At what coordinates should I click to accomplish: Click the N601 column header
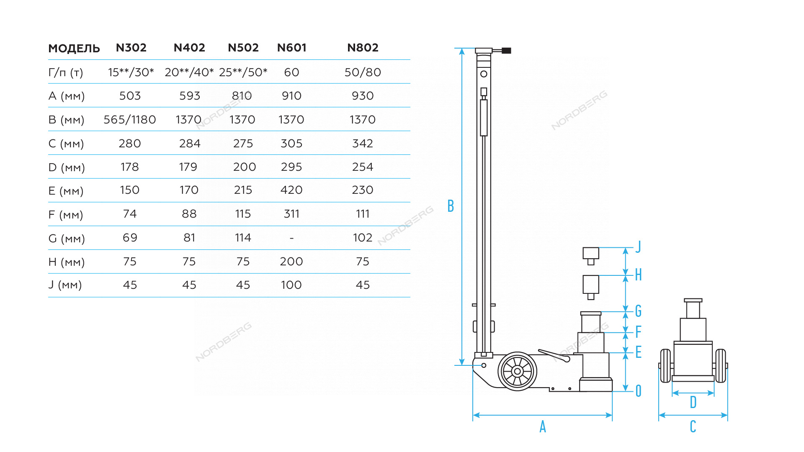291,48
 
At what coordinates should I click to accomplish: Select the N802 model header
363,48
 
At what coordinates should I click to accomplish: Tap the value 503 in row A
130,96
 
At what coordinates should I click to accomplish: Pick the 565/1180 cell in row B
130,120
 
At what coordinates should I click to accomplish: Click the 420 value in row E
291,190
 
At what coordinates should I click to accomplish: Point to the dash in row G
291,238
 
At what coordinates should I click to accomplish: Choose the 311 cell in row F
291,214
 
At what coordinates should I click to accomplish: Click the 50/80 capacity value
363,72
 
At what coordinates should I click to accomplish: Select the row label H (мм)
67,262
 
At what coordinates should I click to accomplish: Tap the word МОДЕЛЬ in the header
74,49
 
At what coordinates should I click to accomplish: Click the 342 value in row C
363,144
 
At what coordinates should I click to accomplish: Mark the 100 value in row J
291,285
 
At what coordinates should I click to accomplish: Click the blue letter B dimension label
451,206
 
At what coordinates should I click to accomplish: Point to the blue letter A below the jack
543,426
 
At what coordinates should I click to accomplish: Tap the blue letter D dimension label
693,402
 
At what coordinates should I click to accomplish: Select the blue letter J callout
638,247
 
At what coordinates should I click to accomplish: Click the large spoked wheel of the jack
517,371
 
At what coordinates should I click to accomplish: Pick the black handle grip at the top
506,51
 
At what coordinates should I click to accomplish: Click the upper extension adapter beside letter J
591,256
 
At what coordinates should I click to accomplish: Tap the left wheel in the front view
665,366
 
